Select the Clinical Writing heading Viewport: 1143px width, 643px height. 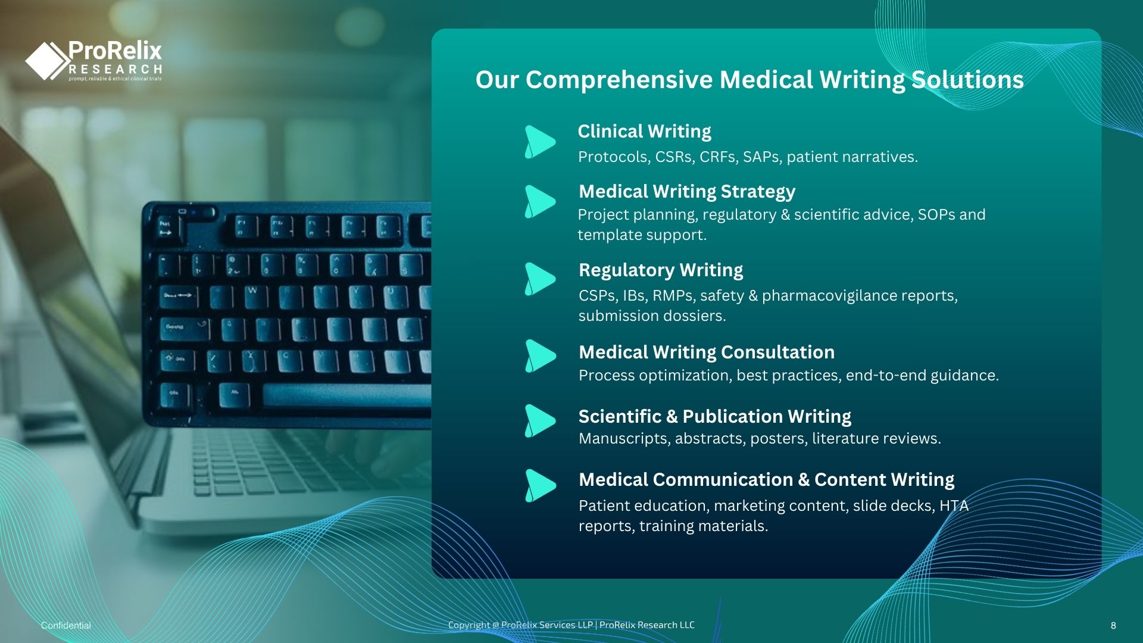tap(644, 132)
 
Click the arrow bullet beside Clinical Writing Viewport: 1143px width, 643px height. tap(540, 142)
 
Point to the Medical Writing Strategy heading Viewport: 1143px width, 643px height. tap(687, 192)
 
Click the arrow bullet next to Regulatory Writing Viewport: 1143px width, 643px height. tap(540, 279)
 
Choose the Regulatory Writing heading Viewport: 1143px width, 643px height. tap(661, 270)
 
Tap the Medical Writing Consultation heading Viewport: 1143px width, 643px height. tap(707, 352)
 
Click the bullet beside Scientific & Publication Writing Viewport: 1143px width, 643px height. tap(540, 421)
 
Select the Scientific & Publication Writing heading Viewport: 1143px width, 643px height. tap(715, 416)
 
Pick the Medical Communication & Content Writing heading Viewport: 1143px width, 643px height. tap(767, 480)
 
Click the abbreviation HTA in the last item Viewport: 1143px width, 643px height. tap(954, 505)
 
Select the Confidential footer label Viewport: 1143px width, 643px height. tap(66, 625)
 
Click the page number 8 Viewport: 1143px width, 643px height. tap(1113, 625)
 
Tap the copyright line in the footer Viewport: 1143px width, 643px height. tap(571, 625)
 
